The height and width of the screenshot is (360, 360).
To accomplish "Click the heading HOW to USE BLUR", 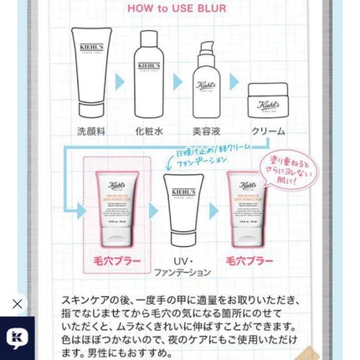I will click(181, 8).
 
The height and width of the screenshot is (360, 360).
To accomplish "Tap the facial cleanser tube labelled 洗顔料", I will click(91, 70).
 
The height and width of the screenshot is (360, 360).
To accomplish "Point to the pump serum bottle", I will click(205, 80).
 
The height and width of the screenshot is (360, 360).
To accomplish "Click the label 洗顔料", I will click(91, 131).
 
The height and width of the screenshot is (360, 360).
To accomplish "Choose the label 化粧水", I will click(149, 131).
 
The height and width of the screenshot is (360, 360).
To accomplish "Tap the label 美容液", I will click(206, 131).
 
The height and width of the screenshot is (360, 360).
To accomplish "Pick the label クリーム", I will click(268, 131).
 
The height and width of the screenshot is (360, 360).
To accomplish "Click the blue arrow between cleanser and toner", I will click(120, 81).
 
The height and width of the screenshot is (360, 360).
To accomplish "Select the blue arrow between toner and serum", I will click(177, 81).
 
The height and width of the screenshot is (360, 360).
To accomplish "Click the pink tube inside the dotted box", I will click(117, 208).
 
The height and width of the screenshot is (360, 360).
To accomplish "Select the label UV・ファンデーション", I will click(183, 267).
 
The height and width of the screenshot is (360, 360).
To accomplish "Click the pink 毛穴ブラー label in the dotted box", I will click(116, 261).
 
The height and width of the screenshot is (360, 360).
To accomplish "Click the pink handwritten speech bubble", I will click(288, 169).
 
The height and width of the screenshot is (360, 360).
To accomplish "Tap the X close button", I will click(17, 305).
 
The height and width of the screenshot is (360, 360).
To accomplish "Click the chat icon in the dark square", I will click(17, 337).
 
